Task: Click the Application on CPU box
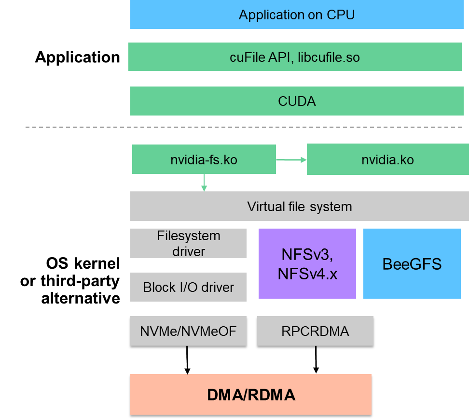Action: pyautogui.click(x=297, y=14)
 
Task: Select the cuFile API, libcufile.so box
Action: pyautogui.click(x=295, y=57)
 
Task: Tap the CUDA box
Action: pyautogui.click(x=297, y=101)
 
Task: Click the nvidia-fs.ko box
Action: pyautogui.click(x=204, y=159)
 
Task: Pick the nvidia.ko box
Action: pyautogui.click(x=387, y=160)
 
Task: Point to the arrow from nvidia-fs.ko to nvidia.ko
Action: pyautogui.click(x=291, y=159)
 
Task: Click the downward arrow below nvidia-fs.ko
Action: pyautogui.click(x=204, y=183)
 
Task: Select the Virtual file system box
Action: pyautogui.click(x=299, y=206)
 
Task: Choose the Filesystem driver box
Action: pyautogui.click(x=188, y=244)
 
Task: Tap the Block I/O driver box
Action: pyautogui.click(x=188, y=287)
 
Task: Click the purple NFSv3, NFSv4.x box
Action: pyautogui.click(x=307, y=264)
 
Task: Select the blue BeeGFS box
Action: pyautogui.click(x=412, y=264)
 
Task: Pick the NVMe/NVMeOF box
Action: pyautogui.click(x=188, y=331)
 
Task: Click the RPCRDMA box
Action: pyautogui.click(x=315, y=331)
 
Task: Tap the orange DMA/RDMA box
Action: pyautogui.click(x=251, y=394)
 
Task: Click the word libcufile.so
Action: pyautogui.click(x=329, y=58)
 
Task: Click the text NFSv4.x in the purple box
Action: pyautogui.click(x=307, y=274)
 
